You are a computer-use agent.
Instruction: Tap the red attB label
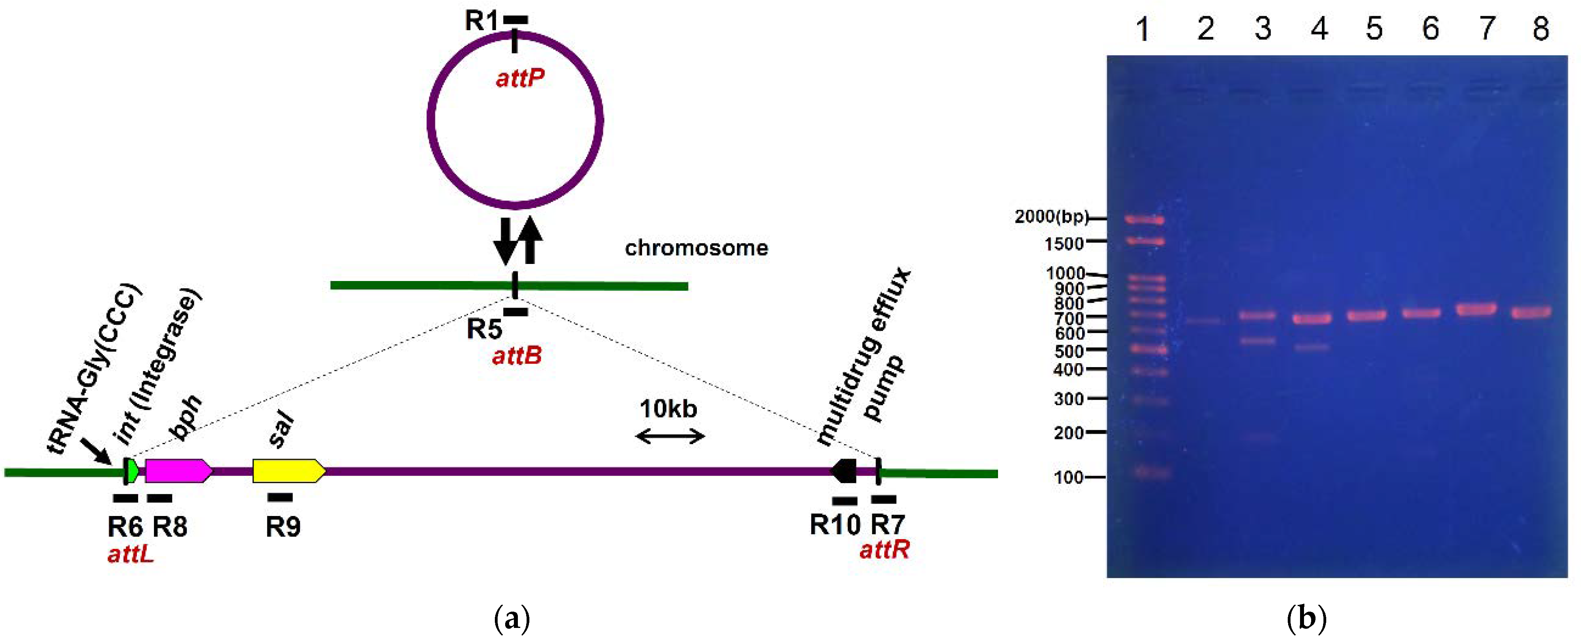click(x=517, y=356)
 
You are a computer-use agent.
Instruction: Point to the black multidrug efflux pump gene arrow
click(x=844, y=471)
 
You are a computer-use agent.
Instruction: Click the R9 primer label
click(x=283, y=526)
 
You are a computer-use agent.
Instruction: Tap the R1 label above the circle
click(x=481, y=21)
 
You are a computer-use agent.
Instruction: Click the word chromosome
click(x=696, y=248)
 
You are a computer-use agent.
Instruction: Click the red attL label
click(x=130, y=554)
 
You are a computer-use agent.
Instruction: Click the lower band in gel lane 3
click(x=1257, y=341)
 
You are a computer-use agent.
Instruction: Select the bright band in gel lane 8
click(x=1531, y=313)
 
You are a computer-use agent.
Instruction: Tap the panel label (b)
click(x=1306, y=618)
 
